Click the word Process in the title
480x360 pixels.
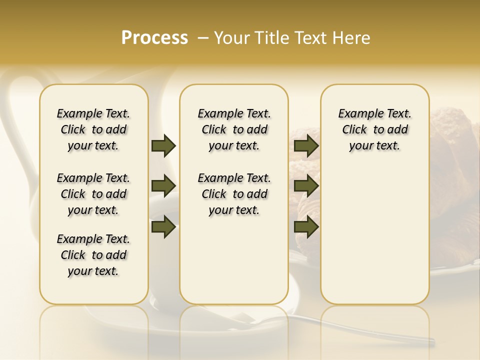pyautogui.click(x=154, y=37)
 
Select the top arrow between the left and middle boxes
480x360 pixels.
pyautogui.click(x=163, y=146)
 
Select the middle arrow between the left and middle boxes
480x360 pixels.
pyautogui.click(x=163, y=186)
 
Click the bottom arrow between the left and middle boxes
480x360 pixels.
pyautogui.click(x=163, y=226)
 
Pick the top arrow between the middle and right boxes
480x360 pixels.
pyautogui.click(x=306, y=146)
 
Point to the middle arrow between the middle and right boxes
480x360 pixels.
pyautogui.click(x=306, y=186)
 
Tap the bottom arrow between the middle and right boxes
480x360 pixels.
pyautogui.click(x=306, y=226)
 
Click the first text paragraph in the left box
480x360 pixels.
pyautogui.click(x=93, y=129)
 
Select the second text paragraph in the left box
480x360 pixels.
pyautogui.click(x=93, y=194)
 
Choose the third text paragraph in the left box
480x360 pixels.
pyautogui.click(x=93, y=255)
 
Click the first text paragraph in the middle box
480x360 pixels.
pyautogui.click(x=234, y=129)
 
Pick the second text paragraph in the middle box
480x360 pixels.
pyautogui.click(x=234, y=194)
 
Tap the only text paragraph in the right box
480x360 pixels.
pyautogui.click(x=374, y=129)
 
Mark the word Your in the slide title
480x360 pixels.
pyautogui.click(x=229, y=38)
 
